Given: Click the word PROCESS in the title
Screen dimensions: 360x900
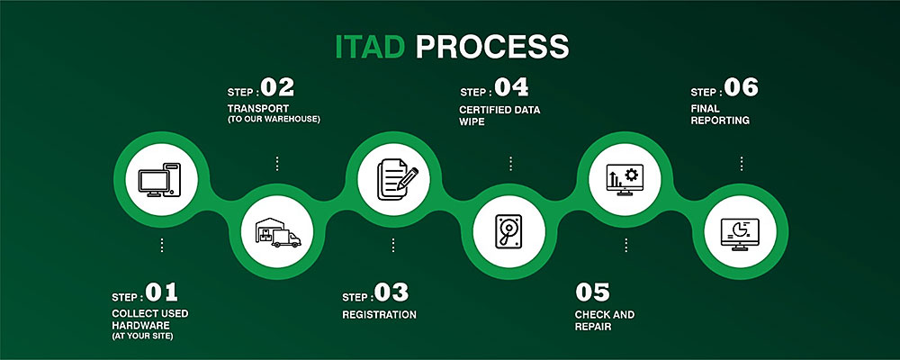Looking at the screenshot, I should click(x=491, y=47).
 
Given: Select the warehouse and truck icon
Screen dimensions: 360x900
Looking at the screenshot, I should click(x=277, y=231).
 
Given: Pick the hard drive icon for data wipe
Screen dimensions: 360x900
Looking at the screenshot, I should click(x=508, y=231).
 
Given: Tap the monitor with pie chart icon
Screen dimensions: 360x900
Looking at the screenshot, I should click(x=741, y=231).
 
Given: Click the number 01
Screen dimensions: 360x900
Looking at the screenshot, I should click(x=162, y=292).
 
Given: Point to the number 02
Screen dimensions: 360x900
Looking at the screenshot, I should click(x=276, y=88).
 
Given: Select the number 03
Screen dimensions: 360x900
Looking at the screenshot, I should click(x=391, y=292).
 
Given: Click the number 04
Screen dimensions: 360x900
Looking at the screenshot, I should click(x=509, y=88).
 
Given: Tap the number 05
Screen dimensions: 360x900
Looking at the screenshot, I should click(x=592, y=292).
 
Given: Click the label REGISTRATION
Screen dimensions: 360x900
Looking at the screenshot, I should click(x=379, y=315).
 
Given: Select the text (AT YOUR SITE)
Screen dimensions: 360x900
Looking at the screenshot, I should click(x=142, y=336).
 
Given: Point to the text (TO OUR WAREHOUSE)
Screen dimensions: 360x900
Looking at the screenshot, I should click(x=274, y=119).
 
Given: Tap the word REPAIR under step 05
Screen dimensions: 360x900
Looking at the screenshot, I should click(x=593, y=327).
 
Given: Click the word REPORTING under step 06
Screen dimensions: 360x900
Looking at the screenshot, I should click(x=720, y=119).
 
